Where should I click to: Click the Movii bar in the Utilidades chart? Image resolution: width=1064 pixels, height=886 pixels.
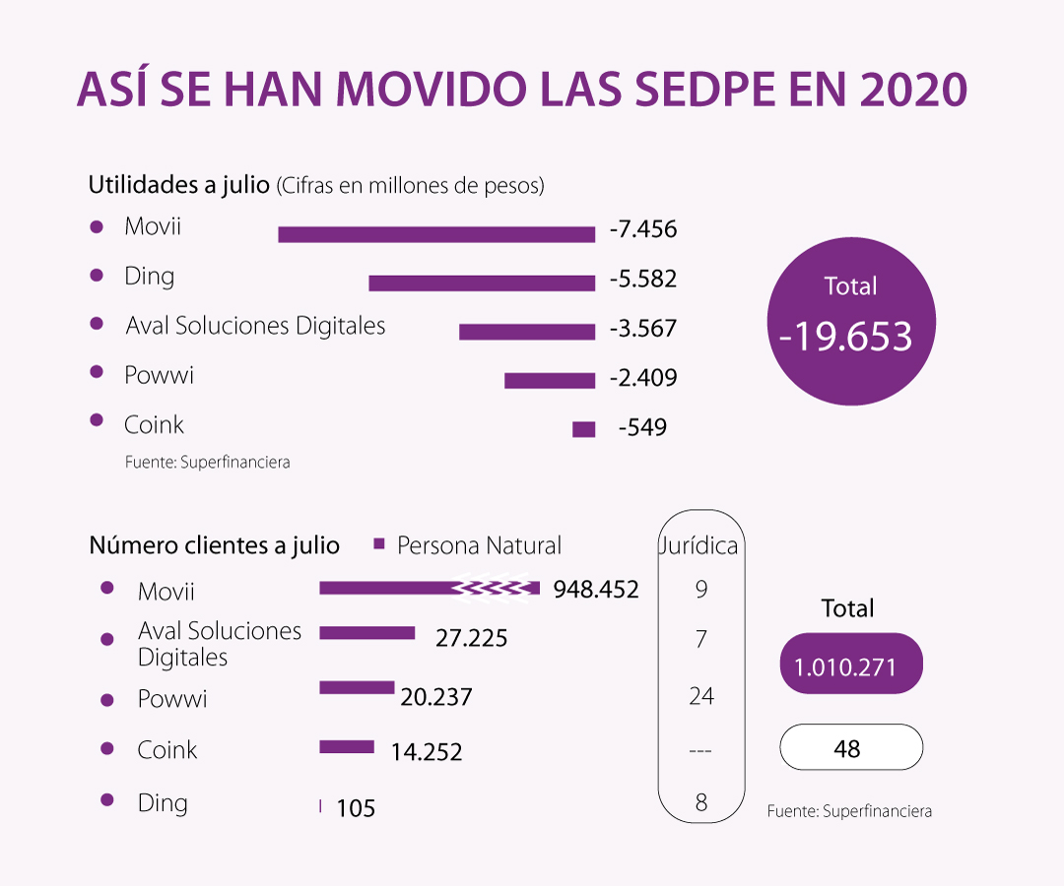tap(436, 234)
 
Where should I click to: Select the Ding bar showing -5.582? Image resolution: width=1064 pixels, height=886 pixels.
tap(482, 284)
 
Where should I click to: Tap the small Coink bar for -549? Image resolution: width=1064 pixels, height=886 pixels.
tap(584, 429)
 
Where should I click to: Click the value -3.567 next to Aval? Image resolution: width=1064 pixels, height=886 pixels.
tap(643, 328)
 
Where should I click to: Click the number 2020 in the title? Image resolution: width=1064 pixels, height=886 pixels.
tap(912, 92)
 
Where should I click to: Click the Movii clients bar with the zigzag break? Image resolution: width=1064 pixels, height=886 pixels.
tap(430, 589)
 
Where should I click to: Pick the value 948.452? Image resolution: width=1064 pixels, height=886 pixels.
tap(596, 590)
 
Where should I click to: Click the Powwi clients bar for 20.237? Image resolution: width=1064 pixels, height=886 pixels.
tap(357, 687)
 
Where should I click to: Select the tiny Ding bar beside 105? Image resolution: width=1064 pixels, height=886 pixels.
tap(321, 807)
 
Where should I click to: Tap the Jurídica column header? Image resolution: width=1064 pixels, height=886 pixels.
tap(700, 545)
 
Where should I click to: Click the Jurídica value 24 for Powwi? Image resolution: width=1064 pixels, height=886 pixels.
tap(701, 696)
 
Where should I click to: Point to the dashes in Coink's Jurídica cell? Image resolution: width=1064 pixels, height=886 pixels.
tap(700, 751)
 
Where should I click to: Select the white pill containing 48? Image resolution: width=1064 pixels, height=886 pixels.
tap(851, 748)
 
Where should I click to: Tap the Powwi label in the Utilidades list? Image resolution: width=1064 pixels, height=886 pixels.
tap(159, 375)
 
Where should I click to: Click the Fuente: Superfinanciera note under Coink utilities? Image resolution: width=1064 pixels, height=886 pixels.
tap(207, 462)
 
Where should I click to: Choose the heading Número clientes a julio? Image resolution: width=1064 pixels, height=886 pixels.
tap(215, 545)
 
